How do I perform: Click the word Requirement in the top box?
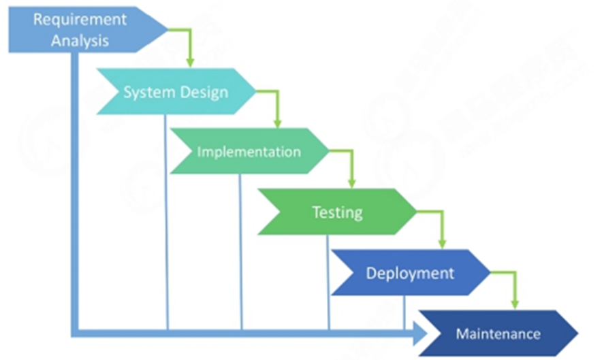[80, 19]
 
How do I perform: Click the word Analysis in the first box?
[80, 41]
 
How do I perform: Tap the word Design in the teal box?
[203, 92]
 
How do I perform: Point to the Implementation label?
[249, 152]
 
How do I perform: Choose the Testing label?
[337, 212]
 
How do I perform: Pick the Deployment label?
[410, 274]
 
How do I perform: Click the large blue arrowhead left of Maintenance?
[419, 333]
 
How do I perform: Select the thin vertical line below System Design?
[166, 225]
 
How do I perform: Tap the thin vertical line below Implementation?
[240, 252]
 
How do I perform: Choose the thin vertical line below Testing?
[328, 282]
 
